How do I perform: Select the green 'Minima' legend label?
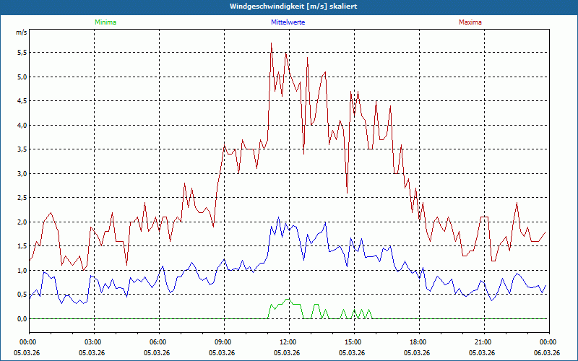pos(105,22)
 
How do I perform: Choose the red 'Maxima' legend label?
pos(470,22)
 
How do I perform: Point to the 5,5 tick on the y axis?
pos(21,53)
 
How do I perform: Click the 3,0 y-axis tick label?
pos(21,173)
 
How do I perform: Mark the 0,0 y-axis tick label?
pos(21,318)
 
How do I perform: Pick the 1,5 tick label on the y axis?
pos(21,246)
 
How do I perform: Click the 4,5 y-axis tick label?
pos(21,101)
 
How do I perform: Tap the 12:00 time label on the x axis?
pos(288,342)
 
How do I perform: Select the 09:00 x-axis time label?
pos(223,342)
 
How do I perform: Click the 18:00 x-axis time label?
pos(418,342)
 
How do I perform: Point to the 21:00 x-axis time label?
pos(483,342)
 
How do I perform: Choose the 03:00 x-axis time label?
pos(93,342)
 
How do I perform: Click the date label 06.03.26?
pos(547,352)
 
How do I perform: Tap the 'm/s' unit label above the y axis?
pos(21,32)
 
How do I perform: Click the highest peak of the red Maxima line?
pos(271,43)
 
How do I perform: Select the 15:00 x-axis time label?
pos(353,342)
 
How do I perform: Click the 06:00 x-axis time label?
pos(158,342)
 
